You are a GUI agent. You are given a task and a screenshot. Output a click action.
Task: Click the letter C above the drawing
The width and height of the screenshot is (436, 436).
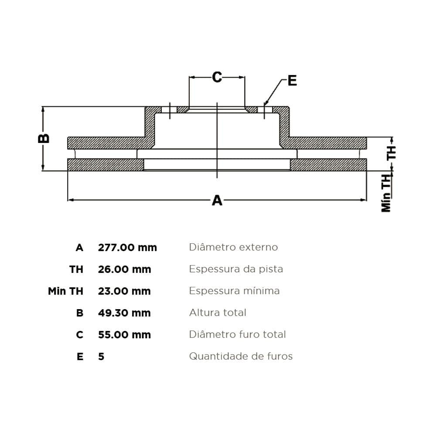pyautogui.click(x=217, y=77)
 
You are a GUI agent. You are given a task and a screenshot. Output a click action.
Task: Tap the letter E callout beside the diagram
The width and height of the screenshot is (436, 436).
pyautogui.click(x=292, y=81)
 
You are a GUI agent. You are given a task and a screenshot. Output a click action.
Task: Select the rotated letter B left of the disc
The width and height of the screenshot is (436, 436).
pyautogui.click(x=44, y=138)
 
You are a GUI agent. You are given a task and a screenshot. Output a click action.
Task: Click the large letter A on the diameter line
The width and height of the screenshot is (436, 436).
pyautogui.click(x=217, y=200)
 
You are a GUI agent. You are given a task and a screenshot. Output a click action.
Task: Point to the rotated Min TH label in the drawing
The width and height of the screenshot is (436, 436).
pyautogui.click(x=386, y=193)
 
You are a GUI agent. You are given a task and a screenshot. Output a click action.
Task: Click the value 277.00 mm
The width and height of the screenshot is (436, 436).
pyautogui.click(x=127, y=247)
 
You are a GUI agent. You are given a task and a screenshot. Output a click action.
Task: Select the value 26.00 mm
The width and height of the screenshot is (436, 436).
pyautogui.click(x=124, y=269)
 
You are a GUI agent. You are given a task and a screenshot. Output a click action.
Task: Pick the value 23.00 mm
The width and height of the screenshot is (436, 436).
pyautogui.click(x=124, y=291)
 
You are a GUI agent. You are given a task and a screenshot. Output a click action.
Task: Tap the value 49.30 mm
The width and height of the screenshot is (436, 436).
pyautogui.click(x=124, y=313)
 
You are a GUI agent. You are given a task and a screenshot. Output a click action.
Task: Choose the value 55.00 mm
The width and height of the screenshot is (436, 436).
pyautogui.click(x=124, y=334)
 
